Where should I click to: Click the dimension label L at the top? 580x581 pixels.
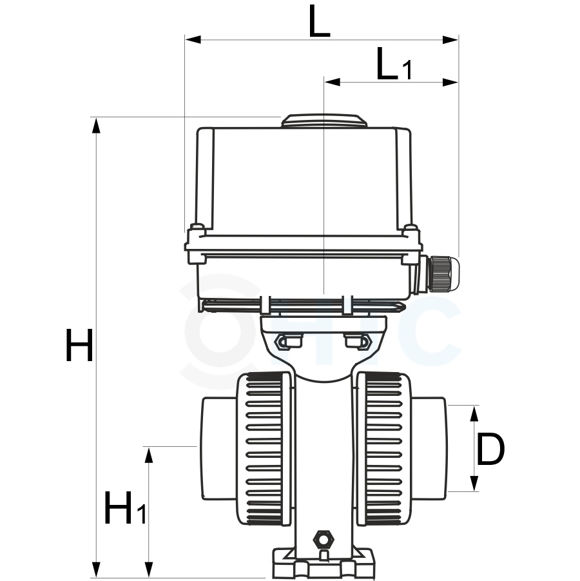(x=319, y=21)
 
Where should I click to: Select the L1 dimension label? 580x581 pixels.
(x=394, y=64)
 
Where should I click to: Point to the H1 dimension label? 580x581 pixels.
(x=125, y=507)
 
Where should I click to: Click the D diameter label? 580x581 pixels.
(x=490, y=449)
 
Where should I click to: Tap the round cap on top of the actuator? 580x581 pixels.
(x=324, y=121)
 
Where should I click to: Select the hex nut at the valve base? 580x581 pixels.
(x=324, y=538)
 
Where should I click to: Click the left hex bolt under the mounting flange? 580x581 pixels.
(x=289, y=341)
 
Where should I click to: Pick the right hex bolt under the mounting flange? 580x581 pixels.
(x=358, y=341)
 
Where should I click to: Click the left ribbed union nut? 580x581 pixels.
(x=264, y=448)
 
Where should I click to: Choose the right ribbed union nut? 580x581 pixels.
(x=384, y=448)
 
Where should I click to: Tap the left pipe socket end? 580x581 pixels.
(x=219, y=448)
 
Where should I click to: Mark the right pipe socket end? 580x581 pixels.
(x=429, y=448)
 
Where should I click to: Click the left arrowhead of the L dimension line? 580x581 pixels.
(x=193, y=39)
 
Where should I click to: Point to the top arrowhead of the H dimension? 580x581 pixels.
(x=96, y=125)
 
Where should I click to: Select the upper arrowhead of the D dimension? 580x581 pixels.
(x=474, y=413)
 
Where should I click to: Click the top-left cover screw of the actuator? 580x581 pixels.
(x=197, y=227)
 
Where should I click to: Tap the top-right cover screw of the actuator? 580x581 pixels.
(x=410, y=227)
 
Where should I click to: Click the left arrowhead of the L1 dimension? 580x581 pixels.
(x=332, y=82)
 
